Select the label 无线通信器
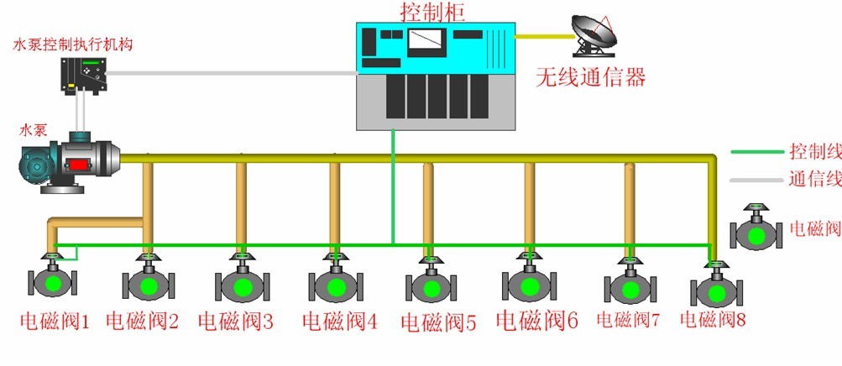[591, 78]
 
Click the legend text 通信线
[814, 180]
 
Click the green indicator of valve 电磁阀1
[52, 281]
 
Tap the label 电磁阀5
[438, 322]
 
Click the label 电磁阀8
[713, 320]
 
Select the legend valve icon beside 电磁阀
[756, 228]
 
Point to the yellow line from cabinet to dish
[542, 35]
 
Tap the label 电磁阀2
[143, 321]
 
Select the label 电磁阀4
[340, 321]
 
